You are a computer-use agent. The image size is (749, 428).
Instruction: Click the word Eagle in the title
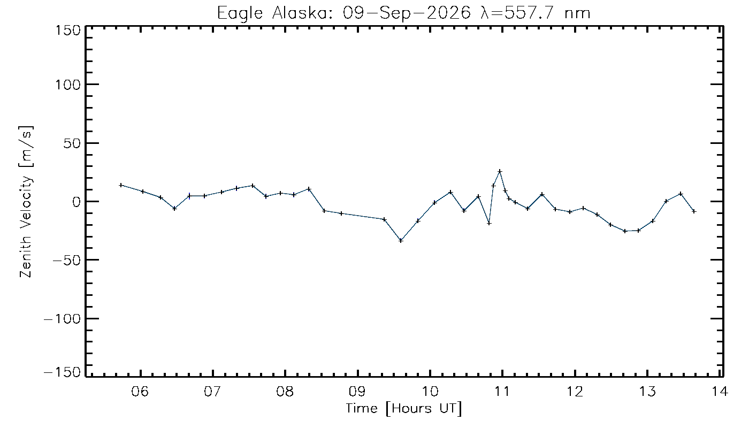(x=240, y=14)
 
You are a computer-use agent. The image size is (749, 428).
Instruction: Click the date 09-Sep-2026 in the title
(x=407, y=13)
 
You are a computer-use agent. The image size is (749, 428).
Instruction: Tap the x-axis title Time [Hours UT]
(x=404, y=409)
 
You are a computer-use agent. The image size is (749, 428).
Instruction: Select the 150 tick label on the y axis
(x=68, y=31)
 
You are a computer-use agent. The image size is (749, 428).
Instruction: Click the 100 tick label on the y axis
(x=68, y=85)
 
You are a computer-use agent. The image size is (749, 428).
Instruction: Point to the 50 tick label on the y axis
(x=72, y=144)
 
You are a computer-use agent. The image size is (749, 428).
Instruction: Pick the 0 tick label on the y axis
(x=77, y=202)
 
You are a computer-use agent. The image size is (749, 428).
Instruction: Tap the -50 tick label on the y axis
(x=67, y=261)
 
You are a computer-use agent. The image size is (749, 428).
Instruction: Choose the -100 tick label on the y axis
(x=63, y=319)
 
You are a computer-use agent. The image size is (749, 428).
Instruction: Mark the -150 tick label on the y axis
(x=63, y=372)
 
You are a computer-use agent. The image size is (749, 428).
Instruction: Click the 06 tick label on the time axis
(x=140, y=392)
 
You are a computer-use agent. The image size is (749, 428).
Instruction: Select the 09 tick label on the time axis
(x=358, y=392)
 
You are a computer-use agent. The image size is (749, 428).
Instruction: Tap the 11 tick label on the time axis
(x=502, y=392)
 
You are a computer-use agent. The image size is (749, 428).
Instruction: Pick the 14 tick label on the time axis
(x=719, y=392)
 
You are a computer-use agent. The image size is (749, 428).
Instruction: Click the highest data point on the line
(x=500, y=172)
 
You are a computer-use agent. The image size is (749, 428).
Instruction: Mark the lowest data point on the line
(x=401, y=240)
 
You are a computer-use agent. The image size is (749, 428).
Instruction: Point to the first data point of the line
(x=121, y=185)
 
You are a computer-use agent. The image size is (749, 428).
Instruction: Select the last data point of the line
(x=694, y=211)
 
